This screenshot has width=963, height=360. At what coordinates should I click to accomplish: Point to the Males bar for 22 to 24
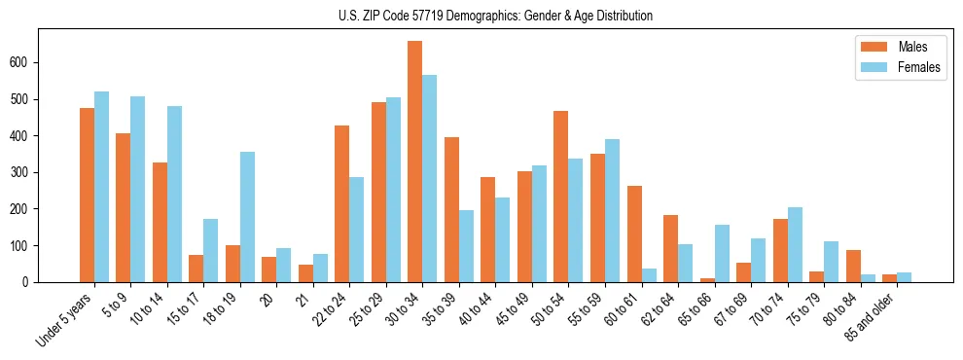pos(341,203)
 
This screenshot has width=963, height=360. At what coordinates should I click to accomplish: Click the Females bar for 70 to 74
pos(795,244)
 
